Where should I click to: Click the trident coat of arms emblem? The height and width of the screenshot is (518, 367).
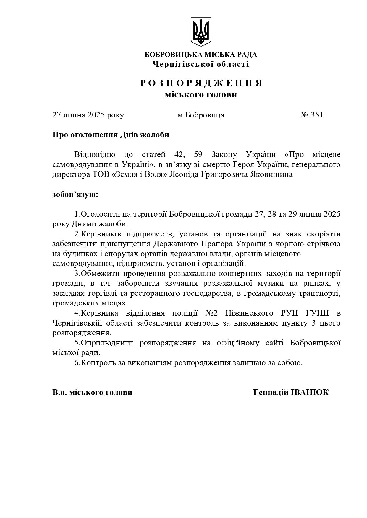201,32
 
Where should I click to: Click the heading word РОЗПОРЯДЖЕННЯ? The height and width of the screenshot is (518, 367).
201,83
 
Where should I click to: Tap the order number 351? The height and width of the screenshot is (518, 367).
317,115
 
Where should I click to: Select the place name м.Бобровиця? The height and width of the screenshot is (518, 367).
201,115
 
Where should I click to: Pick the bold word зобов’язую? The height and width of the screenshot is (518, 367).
75,195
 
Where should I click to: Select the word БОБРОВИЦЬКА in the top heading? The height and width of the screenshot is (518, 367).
166,55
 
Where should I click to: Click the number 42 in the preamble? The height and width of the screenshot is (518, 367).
176,154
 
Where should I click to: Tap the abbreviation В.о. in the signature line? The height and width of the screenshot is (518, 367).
60,392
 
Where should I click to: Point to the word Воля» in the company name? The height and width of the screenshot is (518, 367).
157,174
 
